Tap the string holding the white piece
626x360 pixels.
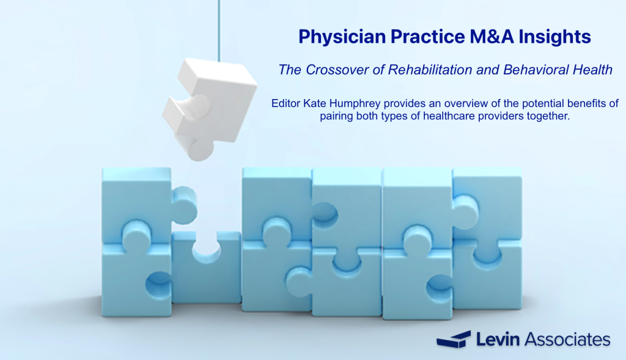click(219, 31)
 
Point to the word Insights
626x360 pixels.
click(554, 37)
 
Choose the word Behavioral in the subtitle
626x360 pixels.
click(536, 70)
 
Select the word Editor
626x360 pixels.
click(286, 103)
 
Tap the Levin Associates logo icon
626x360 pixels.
click(454, 340)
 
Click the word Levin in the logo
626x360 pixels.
click(498, 340)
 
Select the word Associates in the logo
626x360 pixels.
click(567, 340)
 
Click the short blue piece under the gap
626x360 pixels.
click(207, 268)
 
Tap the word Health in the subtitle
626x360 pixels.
click(592, 70)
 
